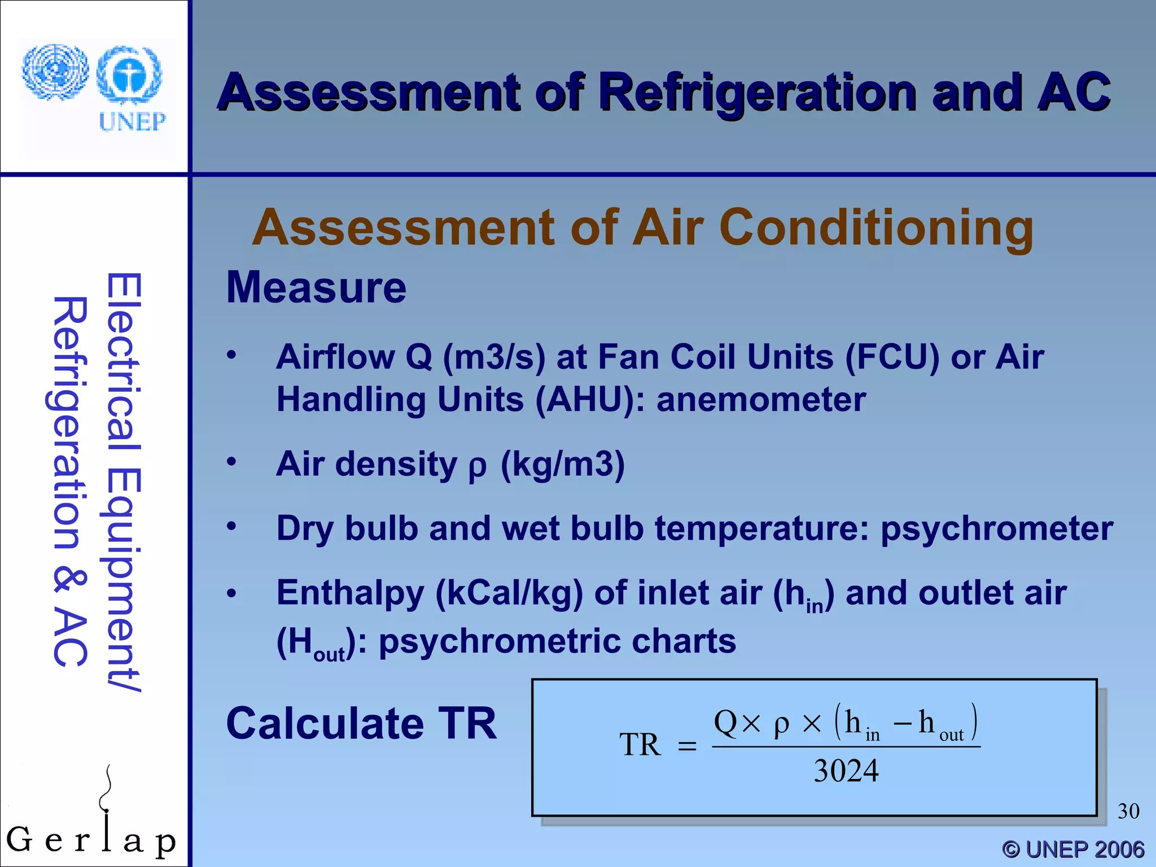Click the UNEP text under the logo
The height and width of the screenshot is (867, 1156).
[x=132, y=121]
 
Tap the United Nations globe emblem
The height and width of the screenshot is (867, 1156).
[x=55, y=72]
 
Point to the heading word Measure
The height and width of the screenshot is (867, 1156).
[x=316, y=287]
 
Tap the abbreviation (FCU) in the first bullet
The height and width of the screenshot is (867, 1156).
[x=892, y=357]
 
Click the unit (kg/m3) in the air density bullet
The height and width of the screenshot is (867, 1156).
[x=563, y=465]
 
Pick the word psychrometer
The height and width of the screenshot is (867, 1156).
[x=997, y=529]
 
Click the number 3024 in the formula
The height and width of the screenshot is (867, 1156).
[x=846, y=771]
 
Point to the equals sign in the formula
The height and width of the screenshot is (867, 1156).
[x=687, y=746]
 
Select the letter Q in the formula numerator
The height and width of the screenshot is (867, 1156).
[x=726, y=722]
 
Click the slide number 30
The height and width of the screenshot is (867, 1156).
[x=1128, y=811]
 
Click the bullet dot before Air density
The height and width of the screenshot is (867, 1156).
[x=231, y=462]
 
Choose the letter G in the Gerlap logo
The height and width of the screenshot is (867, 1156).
[x=19, y=839]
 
